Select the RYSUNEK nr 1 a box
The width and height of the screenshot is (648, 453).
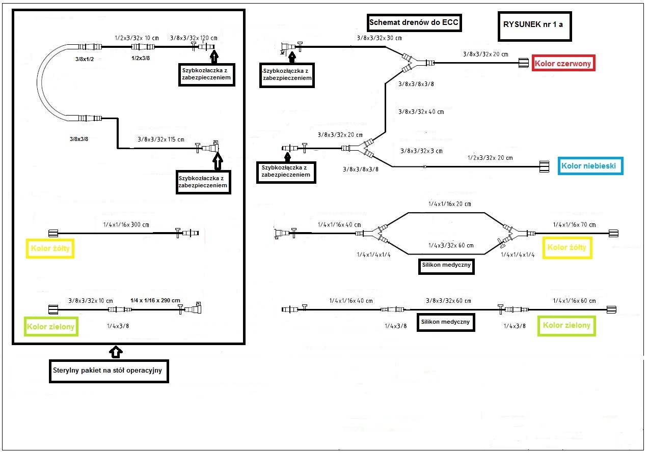[532, 24]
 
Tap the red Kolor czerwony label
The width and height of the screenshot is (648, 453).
[563, 64]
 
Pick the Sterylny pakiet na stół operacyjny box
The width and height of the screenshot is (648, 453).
[107, 371]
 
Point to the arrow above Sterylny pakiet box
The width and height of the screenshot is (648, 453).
[116, 351]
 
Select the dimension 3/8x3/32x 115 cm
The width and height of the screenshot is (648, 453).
[161, 138]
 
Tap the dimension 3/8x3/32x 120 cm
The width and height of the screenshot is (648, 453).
[194, 38]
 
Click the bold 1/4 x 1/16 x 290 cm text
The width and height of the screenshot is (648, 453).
[155, 300]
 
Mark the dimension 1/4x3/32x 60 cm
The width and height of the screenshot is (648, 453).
[451, 245]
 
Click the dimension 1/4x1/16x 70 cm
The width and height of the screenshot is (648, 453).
[574, 224]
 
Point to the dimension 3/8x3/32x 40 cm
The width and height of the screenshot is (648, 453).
[421, 111]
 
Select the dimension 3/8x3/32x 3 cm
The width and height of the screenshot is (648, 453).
[421, 151]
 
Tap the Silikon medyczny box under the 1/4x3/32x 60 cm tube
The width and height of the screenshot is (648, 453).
[446, 265]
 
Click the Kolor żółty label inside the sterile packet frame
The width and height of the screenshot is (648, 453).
[50, 249]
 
